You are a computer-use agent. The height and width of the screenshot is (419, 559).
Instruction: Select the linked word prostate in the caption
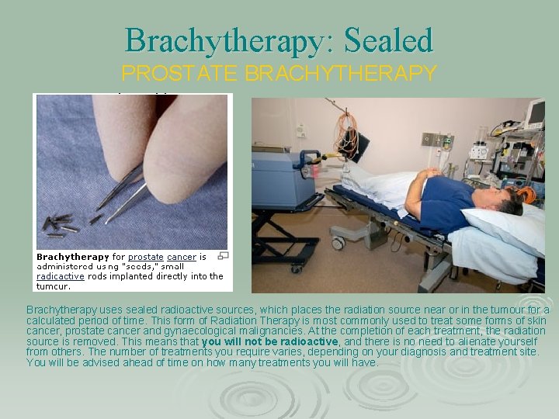[145, 257]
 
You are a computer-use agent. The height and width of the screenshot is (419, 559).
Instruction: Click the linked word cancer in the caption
[182, 257]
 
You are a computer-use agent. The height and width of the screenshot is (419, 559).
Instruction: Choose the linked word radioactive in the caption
[60, 276]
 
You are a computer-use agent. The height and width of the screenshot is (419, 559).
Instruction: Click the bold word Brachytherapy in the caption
[73, 257]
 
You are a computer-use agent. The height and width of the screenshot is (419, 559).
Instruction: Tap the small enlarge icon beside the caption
[224, 255]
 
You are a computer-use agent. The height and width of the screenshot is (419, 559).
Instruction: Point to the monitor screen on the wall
[535, 114]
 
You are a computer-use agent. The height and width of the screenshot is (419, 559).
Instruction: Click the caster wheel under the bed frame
[337, 243]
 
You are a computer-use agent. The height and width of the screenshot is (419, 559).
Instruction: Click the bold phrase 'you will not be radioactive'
[270, 341]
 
